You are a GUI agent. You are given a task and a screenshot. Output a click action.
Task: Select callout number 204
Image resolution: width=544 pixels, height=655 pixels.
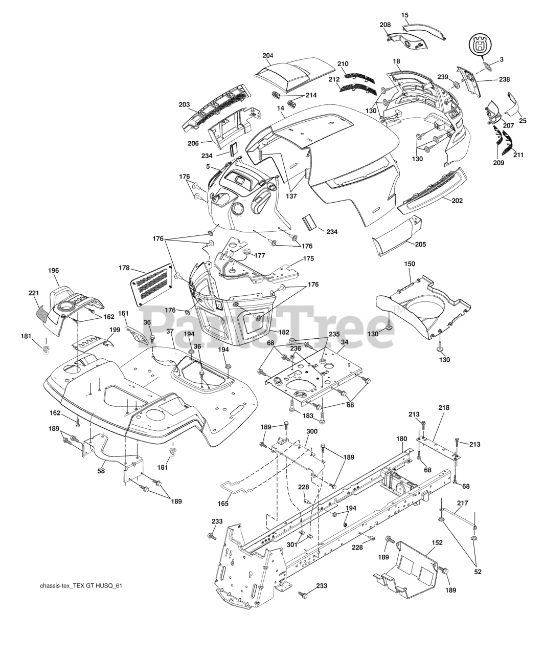click(267, 55)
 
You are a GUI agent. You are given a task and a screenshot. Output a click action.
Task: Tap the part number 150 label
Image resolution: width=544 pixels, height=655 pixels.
click(410, 264)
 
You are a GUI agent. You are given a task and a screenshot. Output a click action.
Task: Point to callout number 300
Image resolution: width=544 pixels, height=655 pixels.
click(311, 432)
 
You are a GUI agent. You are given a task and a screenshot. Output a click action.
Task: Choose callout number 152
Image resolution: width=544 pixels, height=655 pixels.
click(437, 542)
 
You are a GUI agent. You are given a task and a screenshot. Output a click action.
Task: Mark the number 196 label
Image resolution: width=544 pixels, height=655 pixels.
click(53, 270)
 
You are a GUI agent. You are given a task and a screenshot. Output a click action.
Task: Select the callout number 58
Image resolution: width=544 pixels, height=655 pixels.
click(101, 471)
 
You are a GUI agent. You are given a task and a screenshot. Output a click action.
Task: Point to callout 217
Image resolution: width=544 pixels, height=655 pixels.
click(462, 504)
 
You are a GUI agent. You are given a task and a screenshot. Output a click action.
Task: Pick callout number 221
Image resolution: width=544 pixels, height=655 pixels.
click(33, 293)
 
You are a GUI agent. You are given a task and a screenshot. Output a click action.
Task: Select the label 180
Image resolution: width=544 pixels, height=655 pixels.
click(401, 439)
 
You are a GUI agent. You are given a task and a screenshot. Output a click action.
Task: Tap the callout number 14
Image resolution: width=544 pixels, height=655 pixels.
click(280, 108)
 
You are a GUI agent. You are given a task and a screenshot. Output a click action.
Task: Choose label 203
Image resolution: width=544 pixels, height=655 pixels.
click(184, 105)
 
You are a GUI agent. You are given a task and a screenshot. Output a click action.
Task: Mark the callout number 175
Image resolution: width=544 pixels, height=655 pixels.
click(308, 258)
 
